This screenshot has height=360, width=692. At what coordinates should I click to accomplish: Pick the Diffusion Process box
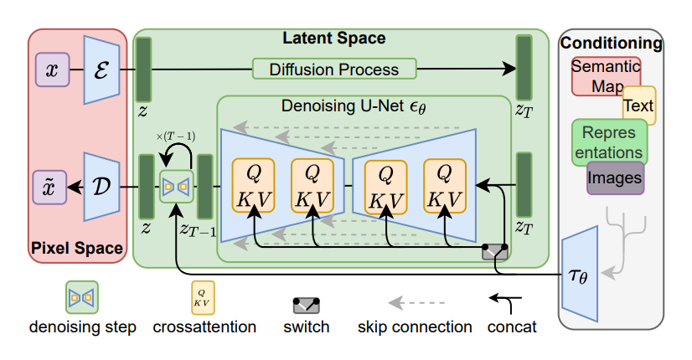tap(334, 69)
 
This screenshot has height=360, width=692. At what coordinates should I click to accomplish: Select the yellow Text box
tap(639, 106)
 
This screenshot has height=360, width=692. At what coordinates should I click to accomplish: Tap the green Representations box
tap(609, 141)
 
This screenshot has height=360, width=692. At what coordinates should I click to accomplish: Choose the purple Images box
tap(615, 177)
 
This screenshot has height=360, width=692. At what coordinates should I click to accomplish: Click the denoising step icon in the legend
tap(82, 296)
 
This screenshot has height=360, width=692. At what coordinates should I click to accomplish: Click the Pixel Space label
tap(76, 249)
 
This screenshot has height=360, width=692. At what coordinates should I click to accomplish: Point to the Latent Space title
tap(333, 39)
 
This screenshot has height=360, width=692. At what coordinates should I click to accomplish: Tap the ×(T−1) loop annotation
tap(176, 136)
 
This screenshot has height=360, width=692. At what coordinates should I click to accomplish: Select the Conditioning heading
tap(611, 43)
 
